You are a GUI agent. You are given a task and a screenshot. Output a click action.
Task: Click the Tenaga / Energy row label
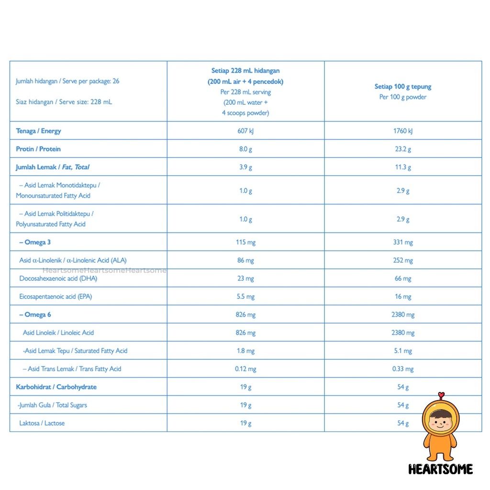(38, 131)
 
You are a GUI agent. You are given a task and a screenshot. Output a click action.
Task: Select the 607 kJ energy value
(245, 131)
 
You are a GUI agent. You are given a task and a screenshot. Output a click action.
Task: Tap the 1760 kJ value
(403, 131)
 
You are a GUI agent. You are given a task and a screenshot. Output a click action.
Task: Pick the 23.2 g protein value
(403, 149)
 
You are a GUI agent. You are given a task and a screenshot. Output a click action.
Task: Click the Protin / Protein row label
(38, 149)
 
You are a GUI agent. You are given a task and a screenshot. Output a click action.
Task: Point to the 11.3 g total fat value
(403, 167)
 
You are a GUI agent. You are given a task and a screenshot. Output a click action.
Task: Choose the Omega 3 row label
(35, 242)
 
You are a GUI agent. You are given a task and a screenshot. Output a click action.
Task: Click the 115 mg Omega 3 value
(245, 242)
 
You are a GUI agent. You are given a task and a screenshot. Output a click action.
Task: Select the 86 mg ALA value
(245, 260)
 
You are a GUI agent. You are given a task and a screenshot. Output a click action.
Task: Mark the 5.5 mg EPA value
(245, 296)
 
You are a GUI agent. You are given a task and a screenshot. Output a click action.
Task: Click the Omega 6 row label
(35, 314)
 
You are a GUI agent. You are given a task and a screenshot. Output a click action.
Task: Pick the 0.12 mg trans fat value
(245, 368)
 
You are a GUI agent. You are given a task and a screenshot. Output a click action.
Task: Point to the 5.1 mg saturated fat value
(403, 351)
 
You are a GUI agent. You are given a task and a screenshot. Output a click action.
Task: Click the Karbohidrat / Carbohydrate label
(56, 387)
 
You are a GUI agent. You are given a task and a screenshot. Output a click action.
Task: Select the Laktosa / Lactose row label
(42, 423)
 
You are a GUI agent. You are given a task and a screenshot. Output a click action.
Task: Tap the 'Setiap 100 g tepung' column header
(403, 87)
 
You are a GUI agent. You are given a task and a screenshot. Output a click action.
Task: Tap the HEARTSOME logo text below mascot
(441, 469)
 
